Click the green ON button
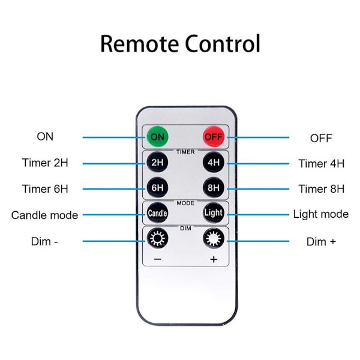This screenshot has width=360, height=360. (x=157, y=136)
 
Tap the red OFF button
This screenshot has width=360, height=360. (x=213, y=136)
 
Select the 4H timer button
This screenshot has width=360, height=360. (x=213, y=162)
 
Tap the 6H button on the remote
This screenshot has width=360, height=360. (x=157, y=187)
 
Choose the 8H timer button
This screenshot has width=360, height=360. (x=213, y=187)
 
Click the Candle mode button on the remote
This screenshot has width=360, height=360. (x=157, y=213)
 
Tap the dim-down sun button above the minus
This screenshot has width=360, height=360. (x=157, y=238)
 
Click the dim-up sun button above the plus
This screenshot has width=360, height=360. (x=213, y=238)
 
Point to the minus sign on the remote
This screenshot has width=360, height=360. (x=157, y=259)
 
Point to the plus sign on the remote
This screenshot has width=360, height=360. (x=213, y=259)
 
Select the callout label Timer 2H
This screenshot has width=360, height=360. (x=45, y=163)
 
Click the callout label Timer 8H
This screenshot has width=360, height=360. (x=321, y=188)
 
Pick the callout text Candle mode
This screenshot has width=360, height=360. (x=44, y=215)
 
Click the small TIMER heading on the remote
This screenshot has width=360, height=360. (x=185, y=152)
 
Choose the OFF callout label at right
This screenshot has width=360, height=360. (x=321, y=138)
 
